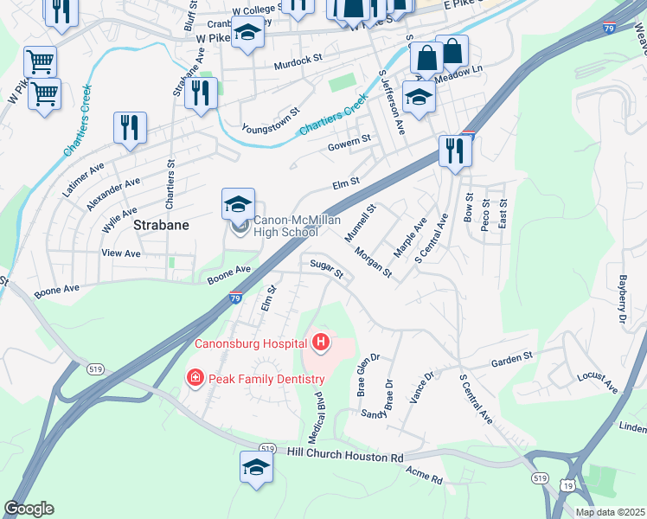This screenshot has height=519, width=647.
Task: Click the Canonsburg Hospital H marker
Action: [321, 343]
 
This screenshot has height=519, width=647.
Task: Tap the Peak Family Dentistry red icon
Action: [195, 378]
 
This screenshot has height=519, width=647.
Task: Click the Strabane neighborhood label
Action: [162, 225]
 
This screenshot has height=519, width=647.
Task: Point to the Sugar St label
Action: [327, 270]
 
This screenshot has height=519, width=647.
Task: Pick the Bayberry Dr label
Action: [620, 299]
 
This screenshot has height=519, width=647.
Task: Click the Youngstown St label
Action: [271, 118]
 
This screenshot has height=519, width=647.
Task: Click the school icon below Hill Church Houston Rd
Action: [256, 468]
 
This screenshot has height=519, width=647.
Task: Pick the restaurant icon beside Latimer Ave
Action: [130, 128]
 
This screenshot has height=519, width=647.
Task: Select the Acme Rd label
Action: [424, 475]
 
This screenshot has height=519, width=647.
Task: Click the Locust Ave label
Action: [599, 383]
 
